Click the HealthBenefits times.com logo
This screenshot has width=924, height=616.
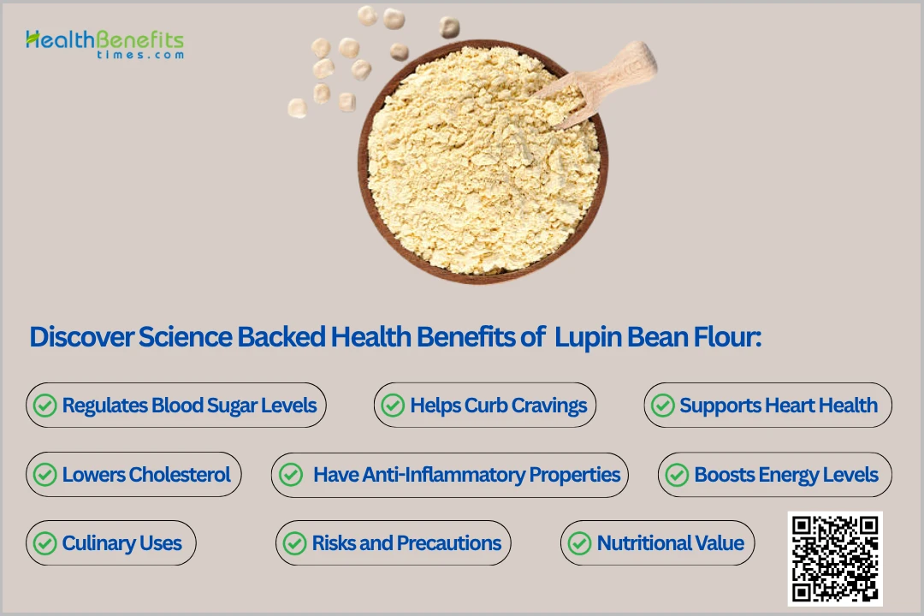(x=104, y=44)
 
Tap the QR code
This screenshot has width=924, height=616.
(x=835, y=558)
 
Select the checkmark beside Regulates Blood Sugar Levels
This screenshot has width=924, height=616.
(x=44, y=406)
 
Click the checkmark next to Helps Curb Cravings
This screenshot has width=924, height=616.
(x=393, y=406)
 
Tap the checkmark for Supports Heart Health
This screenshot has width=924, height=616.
(x=662, y=406)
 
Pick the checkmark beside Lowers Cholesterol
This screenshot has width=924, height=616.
(x=44, y=475)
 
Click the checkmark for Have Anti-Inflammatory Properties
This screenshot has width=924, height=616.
(x=291, y=475)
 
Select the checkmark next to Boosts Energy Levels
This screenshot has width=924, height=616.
(x=677, y=475)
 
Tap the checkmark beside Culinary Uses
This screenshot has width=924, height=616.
(x=44, y=543)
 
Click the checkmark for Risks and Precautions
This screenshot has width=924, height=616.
(x=294, y=543)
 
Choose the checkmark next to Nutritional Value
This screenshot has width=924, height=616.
(x=579, y=543)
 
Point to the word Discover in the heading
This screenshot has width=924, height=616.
(x=81, y=337)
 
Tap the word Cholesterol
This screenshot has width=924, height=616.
(x=180, y=475)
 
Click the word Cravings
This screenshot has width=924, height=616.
(x=548, y=406)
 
